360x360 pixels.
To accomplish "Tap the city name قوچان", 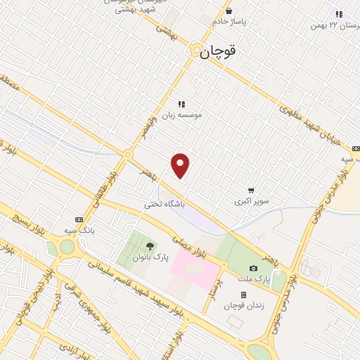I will (x=218, y=51).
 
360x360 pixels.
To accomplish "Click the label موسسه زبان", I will (x=182, y=114).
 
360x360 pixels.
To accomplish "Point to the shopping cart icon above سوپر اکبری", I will (x=251, y=190).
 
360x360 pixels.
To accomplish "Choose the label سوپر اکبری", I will (x=252, y=201).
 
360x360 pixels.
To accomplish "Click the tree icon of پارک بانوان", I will (x=150, y=246).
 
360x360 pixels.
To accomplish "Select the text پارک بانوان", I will (x=150, y=257).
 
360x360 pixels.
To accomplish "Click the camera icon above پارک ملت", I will (x=253, y=268).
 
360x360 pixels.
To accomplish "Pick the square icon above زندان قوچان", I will (x=243, y=295).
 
